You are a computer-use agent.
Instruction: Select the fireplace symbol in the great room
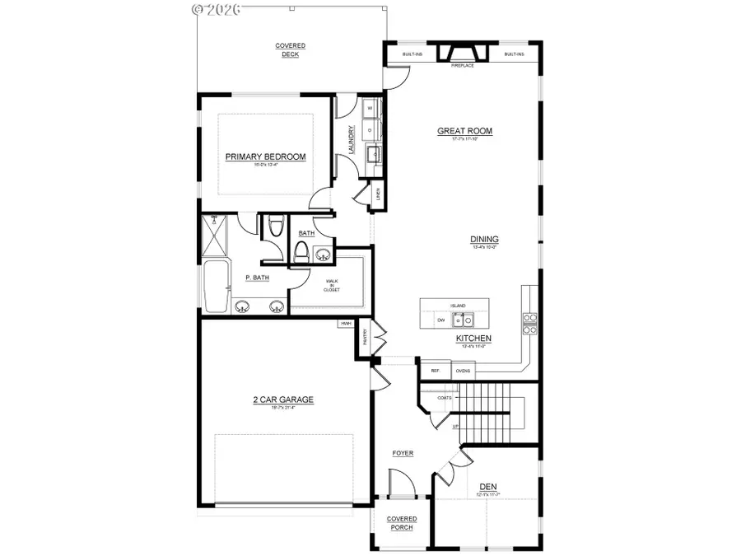pyautogui.click(x=461, y=54)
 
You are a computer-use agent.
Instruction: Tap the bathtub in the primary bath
pyautogui.click(x=216, y=287)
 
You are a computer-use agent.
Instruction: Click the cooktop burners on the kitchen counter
pyautogui.click(x=530, y=323)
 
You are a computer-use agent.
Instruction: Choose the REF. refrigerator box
pyautogui.click(x=436, y=371)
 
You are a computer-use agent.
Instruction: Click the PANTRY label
pyautogui.click(x=363, y=337)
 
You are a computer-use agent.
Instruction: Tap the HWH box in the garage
pyautogui.click(x=344, y=325)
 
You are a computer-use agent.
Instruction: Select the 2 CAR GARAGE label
pyautogui.click(x=283, y=400)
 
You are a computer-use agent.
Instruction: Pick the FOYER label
pyautogui.click(x=403, y=453)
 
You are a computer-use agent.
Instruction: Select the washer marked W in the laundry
pyautogui.click(x=370, y=109)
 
